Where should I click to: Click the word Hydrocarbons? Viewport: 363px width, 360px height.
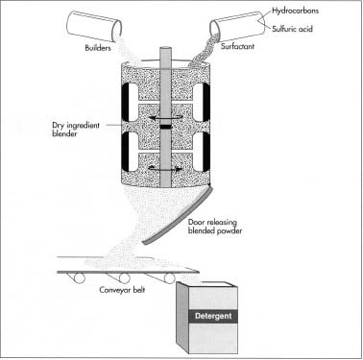pos(295,11)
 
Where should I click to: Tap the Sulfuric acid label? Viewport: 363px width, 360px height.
pos(292,29)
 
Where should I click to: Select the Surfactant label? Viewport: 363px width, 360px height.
pos(237,46)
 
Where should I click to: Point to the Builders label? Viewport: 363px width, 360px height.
pos(98,48)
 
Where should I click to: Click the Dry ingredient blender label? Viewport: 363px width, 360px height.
pos(76,130)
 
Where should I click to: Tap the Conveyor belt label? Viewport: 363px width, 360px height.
pos(122,290)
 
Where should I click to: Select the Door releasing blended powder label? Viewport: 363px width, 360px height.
pos(215,227)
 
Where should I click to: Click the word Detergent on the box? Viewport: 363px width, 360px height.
pos(213,316)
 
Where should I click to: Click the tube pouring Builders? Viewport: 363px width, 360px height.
pos(94,26)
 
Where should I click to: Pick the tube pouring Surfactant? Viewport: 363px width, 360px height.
pos(237,26)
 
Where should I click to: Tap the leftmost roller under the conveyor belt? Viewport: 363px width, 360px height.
pos(79,278)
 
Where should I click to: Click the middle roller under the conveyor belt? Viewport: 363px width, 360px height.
pos(124,278)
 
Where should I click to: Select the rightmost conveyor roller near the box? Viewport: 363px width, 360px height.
pos(170,278)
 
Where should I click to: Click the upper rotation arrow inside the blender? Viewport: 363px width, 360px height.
pos(165,116)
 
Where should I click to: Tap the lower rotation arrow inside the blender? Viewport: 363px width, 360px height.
pos(165,168)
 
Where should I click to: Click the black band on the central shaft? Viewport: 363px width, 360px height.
pos(165,127)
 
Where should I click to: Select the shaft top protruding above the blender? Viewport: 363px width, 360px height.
pos(165,55)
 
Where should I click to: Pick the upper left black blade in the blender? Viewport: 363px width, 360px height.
pos(125,103)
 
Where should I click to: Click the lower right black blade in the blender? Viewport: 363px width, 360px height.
pos(206,152)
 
